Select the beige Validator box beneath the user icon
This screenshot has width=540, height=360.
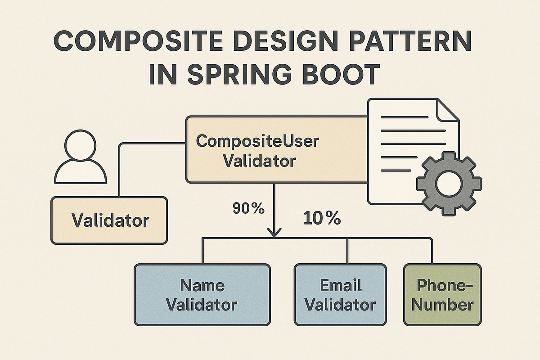(109, 220)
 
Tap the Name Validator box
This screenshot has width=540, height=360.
(202, 295)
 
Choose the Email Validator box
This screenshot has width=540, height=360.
(340, 295)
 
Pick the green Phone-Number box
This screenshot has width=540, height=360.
(442, 295)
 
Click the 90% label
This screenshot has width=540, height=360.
(248, 208)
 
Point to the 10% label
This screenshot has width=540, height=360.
(322, 219)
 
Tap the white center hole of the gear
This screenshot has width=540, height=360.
(449, 184)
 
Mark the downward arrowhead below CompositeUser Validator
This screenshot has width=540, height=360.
(274, 232)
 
